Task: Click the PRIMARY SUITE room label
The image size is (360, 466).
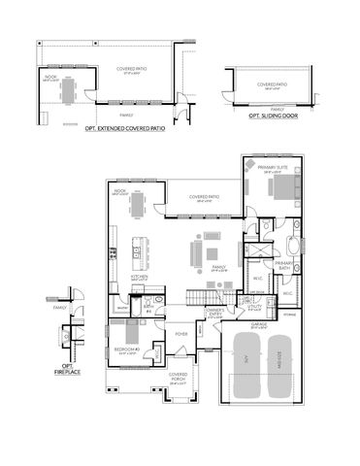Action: [273, 167]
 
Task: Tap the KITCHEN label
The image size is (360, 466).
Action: [140, 276]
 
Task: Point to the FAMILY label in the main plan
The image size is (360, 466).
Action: [218, 266]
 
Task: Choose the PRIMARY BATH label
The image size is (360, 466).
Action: [283, 264]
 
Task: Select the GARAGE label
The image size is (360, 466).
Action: [259, 323]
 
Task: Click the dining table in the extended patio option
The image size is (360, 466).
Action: [66, 90]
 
